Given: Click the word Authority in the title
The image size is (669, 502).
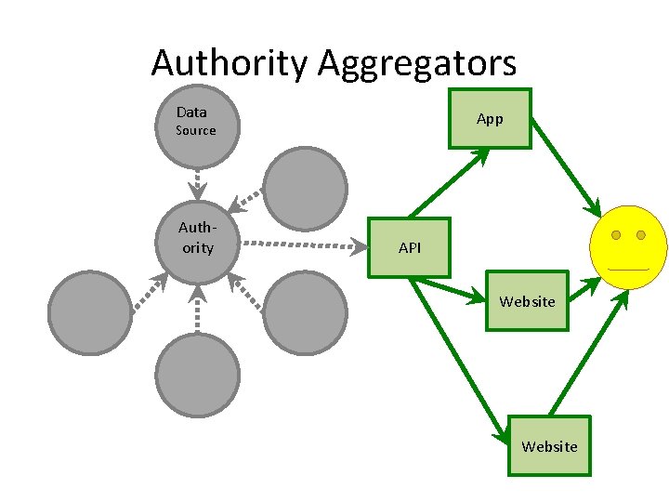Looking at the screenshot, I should pyautogui.click(x=230, y=63).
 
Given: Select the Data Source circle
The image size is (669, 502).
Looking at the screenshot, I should pyautogui.click(x=196, y=126).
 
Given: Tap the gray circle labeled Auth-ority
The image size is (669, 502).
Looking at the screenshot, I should pyautogui.click(x=196, y=241).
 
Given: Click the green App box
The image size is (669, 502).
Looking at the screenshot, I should pyautogui.click(x=490, y=119).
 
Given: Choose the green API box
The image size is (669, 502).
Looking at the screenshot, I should pyautogui.click(x=409, y=248).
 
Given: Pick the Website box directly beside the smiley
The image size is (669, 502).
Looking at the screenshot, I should pyautogui.click(x=527, y=301).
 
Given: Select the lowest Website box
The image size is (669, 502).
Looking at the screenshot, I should pyautogui.click(x=549, y=445).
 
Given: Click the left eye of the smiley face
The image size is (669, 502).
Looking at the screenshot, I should pyautogui.click(x=615, y=235).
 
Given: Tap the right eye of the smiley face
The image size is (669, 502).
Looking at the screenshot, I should pyautogui.click(x=642, y=235).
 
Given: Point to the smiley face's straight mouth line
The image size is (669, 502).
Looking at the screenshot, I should pyautogui.click(x=628, y=270).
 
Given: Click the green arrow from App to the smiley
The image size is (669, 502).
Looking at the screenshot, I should pyautogui.click(x=566, y=164).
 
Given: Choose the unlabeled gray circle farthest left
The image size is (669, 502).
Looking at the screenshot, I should pyautogui.click(x=90, y=312).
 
